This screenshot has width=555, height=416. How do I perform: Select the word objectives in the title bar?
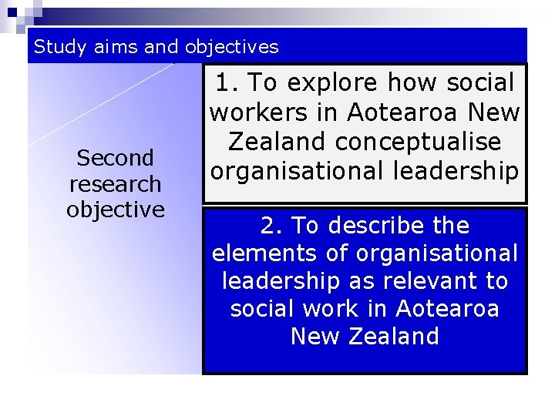[x=230, y=47]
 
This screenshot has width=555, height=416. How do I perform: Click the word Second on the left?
[x=116, y=158]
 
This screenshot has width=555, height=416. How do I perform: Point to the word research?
[x=116, y=184]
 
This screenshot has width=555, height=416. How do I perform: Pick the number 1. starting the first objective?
[x=228, y=82]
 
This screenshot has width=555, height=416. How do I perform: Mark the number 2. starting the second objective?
[x=273, y=226]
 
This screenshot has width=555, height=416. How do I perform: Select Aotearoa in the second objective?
[x=447, y=309]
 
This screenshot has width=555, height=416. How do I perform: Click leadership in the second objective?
[x=281, y=281]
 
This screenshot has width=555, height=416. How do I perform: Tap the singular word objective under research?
[x=116, y=210]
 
